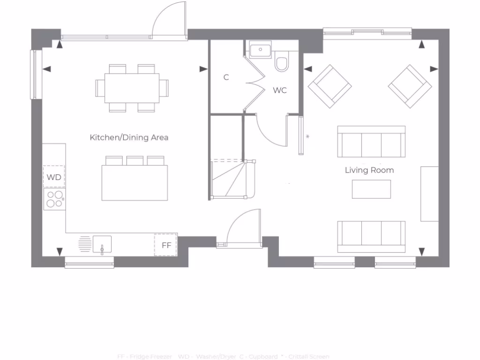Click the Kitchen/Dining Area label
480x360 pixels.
pos(129,137)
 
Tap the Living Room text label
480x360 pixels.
pos(369,170)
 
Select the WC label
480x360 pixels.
pos(280,90)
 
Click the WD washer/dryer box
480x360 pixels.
pos(54,177)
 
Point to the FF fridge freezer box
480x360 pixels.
pos(166,245)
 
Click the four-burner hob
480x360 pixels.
pos(54,199)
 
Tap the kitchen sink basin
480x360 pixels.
pos(102,244)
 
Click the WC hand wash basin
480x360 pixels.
pos(260,50)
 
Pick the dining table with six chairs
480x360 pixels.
pos(132,88)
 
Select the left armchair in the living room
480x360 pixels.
pos(330,86)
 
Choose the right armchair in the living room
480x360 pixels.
pos(410,86)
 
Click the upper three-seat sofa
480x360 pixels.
pos(371,142)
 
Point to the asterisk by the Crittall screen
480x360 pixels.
pos(307,137)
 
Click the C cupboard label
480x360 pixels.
pos(226,77)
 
